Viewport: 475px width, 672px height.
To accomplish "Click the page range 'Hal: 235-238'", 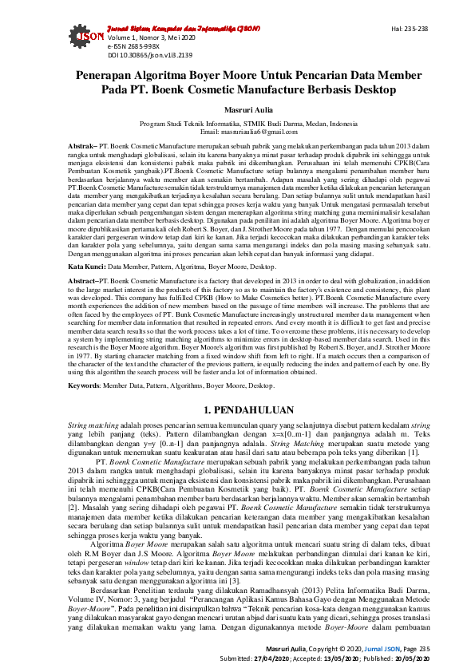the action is (410, 29).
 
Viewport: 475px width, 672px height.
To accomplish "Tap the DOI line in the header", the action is (150, 56).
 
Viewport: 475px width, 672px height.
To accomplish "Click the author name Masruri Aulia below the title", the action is (237, 109).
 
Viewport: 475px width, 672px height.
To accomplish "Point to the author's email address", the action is (237, 131).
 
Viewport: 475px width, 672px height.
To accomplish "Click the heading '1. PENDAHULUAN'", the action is (237, 410).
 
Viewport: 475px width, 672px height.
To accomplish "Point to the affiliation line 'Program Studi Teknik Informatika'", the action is (237, 123).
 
